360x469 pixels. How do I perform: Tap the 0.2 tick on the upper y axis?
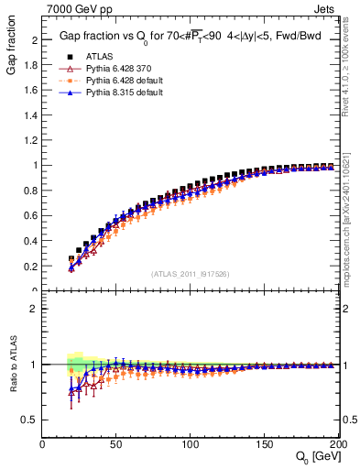click(33, 267)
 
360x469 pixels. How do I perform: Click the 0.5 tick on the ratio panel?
click(33, 420)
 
